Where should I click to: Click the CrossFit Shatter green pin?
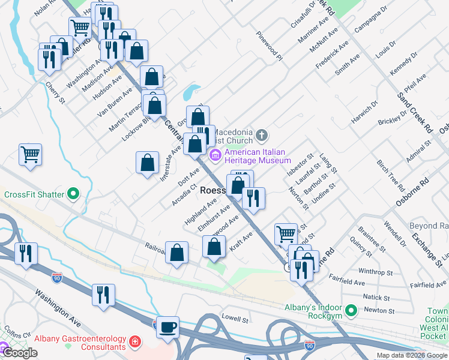pyautogui.click(x=73, y=194)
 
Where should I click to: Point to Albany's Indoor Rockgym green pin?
pyautogui.click(x=352, y=310)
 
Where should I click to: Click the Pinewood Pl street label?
pyautogui.click(x=268, y=46)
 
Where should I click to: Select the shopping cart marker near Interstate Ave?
pyautogui.click(x=30, y=154)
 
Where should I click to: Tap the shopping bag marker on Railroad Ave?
pyautogui.click(x=177, y=253)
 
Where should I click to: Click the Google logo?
pyautogui.click(x=19, y=353)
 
